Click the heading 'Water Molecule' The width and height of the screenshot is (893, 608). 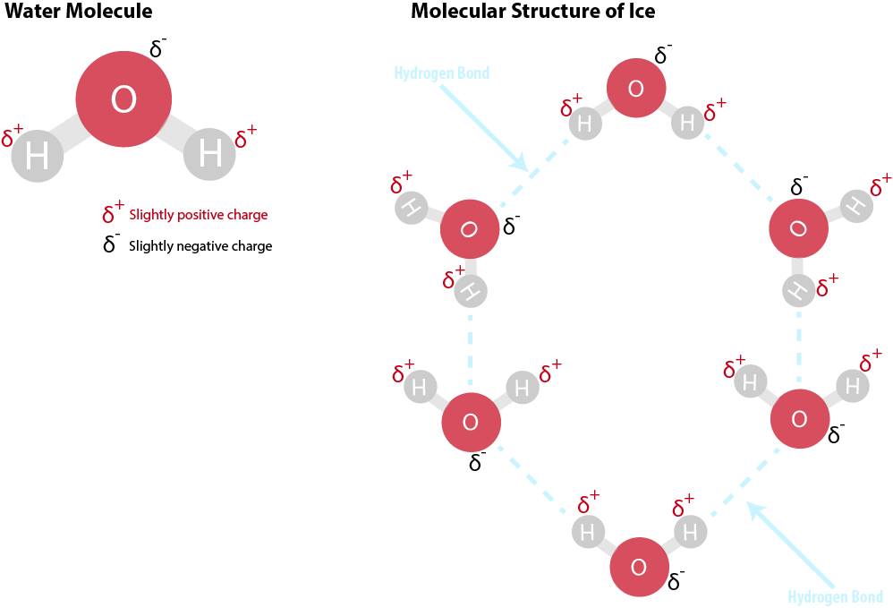point(79,12)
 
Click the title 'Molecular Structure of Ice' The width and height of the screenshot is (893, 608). point(532,12)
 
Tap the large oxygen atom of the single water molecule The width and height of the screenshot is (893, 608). point(123,100)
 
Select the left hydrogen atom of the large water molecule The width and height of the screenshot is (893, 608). point(37,158)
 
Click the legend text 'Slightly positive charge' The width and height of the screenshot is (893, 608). point(198,215)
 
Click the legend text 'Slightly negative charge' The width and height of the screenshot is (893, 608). point(200,245)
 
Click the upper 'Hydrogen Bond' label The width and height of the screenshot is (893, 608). point(442,73)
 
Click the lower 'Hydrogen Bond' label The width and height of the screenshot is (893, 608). point(836,597)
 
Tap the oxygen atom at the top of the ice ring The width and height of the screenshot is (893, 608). point(636,89)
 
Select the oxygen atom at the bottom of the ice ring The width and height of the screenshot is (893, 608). point(639,567)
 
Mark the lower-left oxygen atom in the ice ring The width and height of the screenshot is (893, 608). point(471,422)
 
